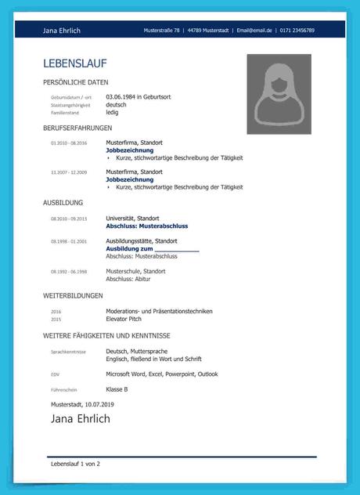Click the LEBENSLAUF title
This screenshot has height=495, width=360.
75,63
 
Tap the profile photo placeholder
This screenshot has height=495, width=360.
279,93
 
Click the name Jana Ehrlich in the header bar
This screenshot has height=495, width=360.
62,31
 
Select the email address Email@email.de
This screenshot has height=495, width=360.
254,31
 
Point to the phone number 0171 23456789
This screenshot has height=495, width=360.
297,31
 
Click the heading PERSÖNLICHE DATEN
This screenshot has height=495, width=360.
76,82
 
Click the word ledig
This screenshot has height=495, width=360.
113,112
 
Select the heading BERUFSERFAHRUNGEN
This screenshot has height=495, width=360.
77,128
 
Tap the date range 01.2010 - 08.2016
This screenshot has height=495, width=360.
69,144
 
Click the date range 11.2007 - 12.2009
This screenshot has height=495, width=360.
69,172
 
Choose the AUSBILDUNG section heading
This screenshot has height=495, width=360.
63,203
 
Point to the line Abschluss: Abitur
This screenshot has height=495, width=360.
128,279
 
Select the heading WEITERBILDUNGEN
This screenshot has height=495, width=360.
73,295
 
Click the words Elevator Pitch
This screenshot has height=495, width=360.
124,320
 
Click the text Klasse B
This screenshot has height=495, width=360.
117,389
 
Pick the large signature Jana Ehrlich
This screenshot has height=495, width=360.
81,419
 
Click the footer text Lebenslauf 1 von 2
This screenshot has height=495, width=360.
75,464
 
